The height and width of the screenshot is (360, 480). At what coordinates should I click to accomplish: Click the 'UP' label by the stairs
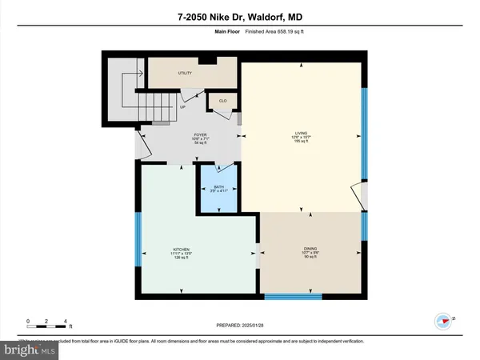coord(182,106)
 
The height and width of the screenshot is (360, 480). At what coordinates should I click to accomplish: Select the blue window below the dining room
coord(287,298)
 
